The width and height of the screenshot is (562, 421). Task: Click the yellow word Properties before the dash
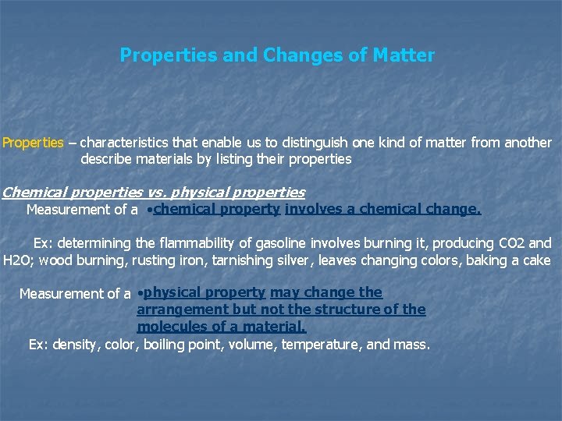click(x=33, y=143)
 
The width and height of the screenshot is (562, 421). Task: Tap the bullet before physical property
click(x=138, y=294)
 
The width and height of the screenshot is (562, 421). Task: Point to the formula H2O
click(x=18, y=260)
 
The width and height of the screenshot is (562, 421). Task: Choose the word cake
click(x=535, y=260)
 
